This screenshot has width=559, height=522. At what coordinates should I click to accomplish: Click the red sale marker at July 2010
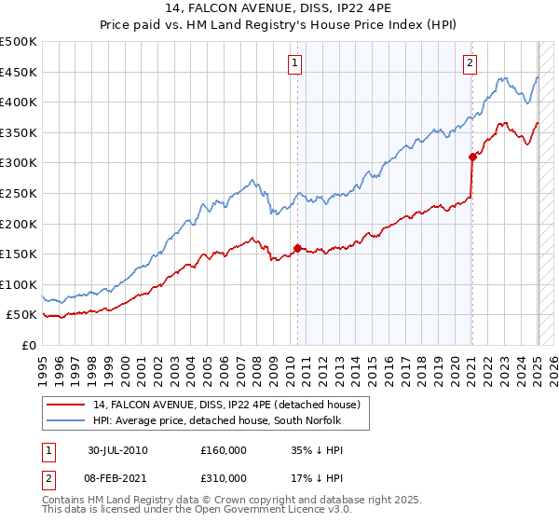298,248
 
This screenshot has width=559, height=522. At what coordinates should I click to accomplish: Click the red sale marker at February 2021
472,157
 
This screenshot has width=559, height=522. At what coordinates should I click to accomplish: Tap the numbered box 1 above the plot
294,63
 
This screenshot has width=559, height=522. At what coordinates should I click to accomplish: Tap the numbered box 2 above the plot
469,63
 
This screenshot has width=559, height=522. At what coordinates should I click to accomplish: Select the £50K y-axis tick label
22,315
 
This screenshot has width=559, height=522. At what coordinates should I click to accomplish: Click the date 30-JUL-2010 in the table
117,450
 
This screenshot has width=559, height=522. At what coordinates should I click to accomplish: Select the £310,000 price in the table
224,478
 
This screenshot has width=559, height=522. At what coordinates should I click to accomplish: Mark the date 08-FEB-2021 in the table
117,478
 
